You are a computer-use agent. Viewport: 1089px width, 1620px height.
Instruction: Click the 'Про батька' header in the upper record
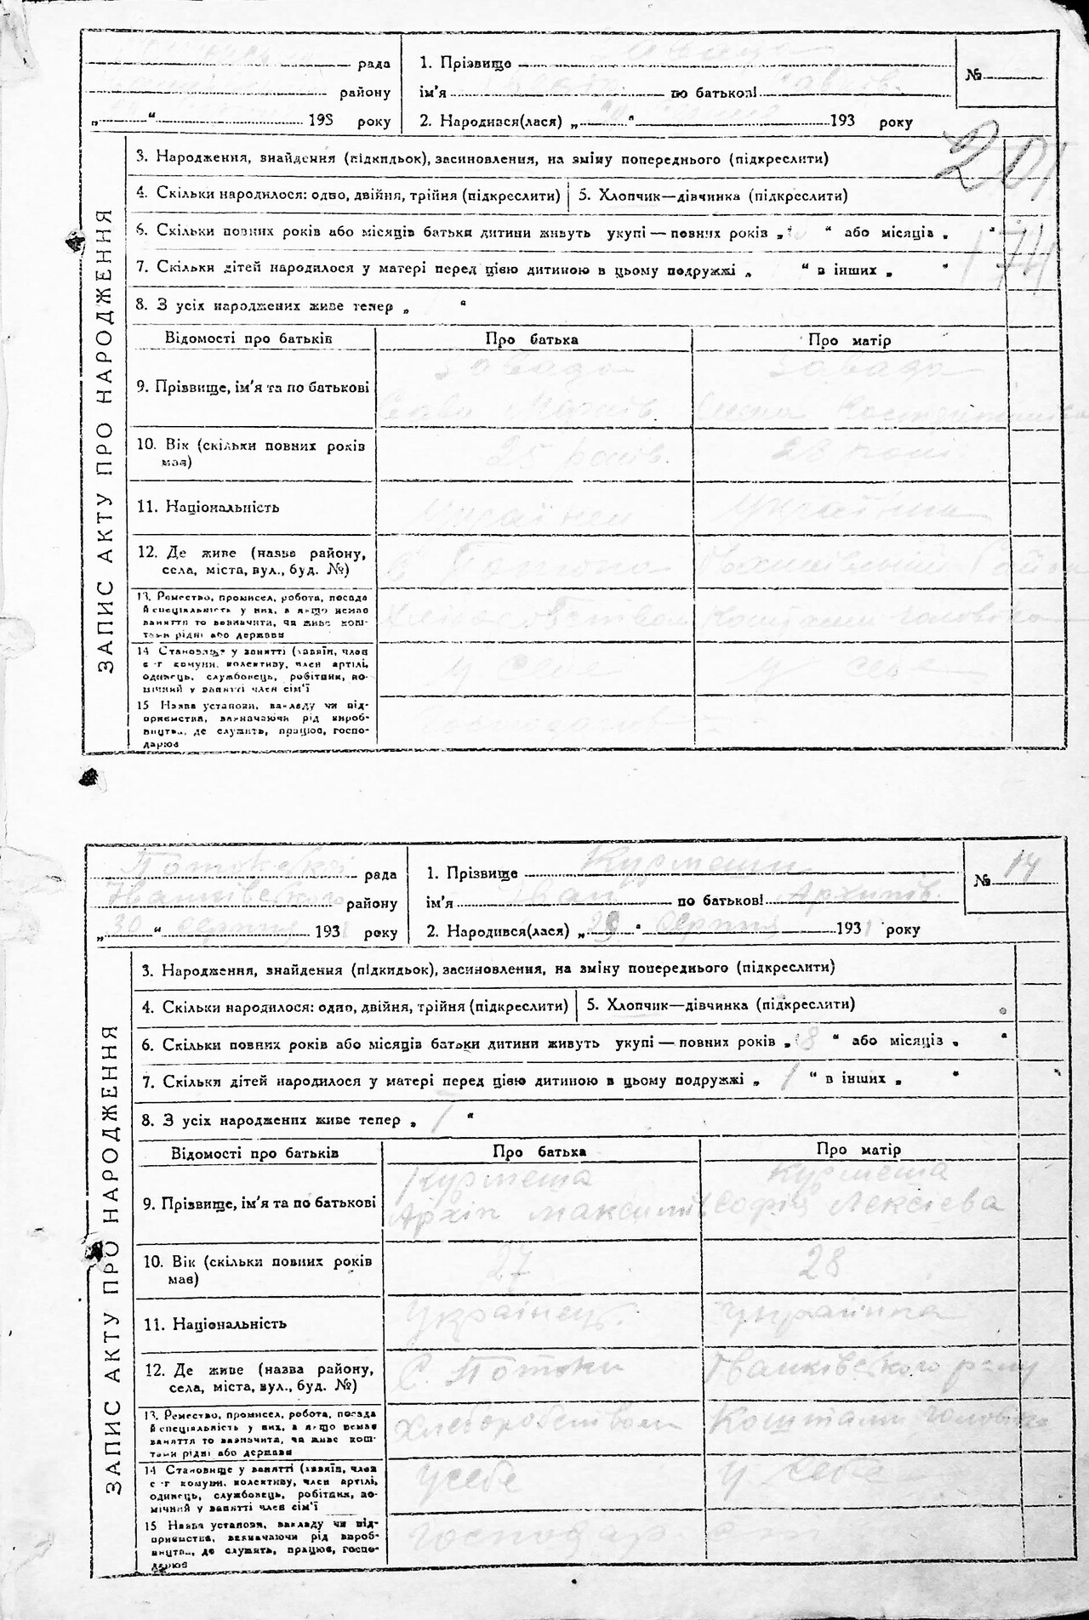pyautogui.click(x=532, y=339)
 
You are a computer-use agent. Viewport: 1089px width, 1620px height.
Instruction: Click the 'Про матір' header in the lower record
pyautogui.click(x=858, y=1150)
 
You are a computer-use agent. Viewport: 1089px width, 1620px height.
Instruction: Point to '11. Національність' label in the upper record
pyautogui.click(x=208, y=507)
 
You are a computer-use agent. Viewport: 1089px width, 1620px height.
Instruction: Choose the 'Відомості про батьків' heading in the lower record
pyautogui.click(x=254, y=1153)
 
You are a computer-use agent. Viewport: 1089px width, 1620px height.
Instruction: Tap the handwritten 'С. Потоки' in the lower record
pyautogui.click(x=510, y=1368)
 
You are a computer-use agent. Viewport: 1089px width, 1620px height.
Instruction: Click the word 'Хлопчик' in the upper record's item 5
pyautogui.click(x=628, y=196)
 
